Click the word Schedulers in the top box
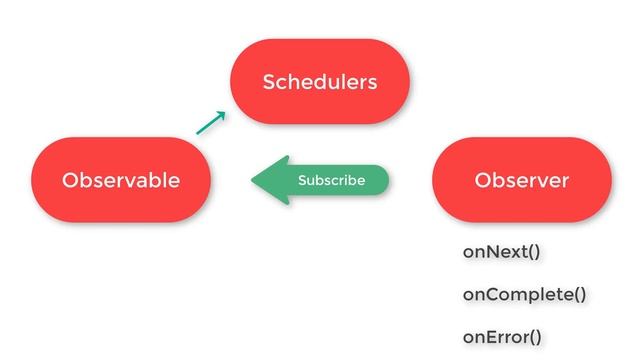coord(320,82)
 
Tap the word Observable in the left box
coord(121,180)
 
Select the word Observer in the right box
coord(521,180)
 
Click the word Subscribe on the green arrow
coord(331,181)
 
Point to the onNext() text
coord(501,251)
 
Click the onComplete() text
coord(524,294)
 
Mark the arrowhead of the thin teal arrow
coord(222,113)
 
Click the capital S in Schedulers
coord(269,82)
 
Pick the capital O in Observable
coord(69,180)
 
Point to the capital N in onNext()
coord(489,251)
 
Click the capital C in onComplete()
coord(489,294)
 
